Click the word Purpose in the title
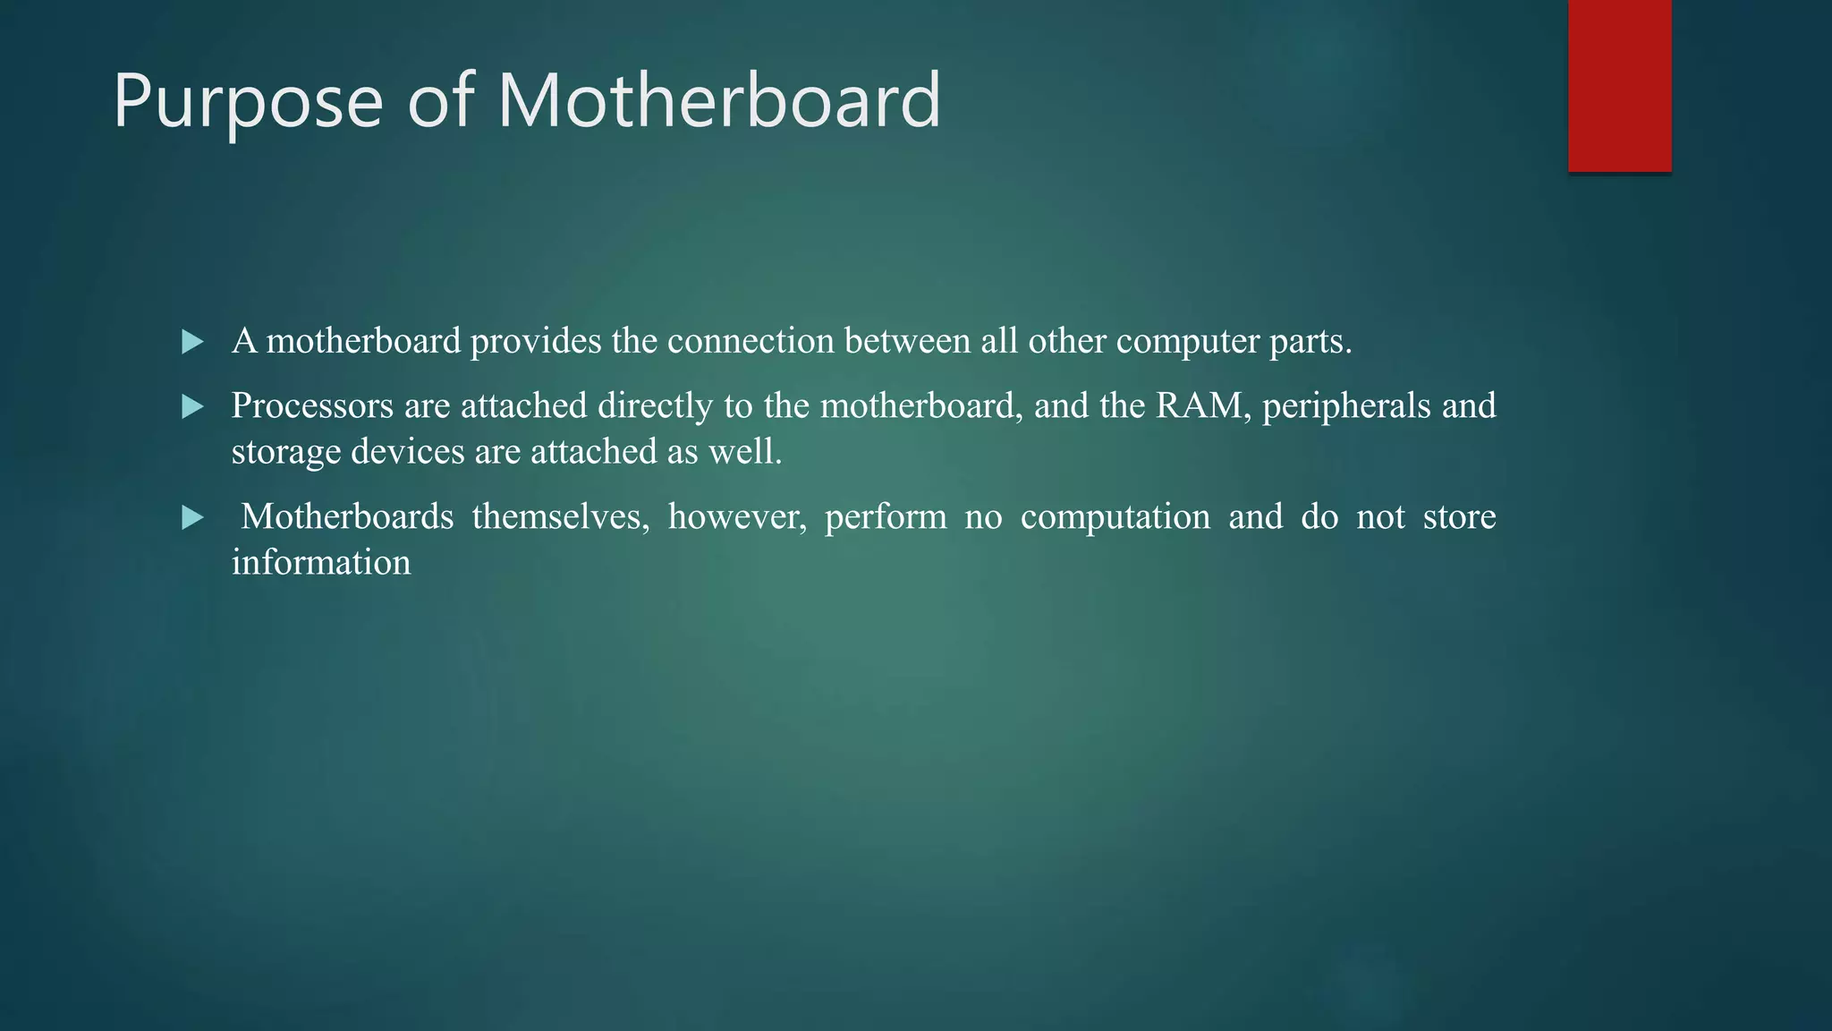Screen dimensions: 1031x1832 (x=248, y=101)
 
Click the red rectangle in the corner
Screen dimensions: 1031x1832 (x=1619, y=85)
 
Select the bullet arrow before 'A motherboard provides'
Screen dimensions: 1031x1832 (x=192, y=342)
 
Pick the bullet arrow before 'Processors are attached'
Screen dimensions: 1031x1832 (x=192, y=407)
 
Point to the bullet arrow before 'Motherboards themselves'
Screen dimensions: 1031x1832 (x=192, y=517)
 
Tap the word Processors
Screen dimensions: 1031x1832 (x=312, y=406)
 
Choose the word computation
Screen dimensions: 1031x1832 (x=1115, y=517)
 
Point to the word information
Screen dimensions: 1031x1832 (x=321, y=563)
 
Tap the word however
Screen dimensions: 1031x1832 (x=736, y=517)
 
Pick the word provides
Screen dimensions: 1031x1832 (x=536, y=342)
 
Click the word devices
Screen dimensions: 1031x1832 (x=408, y=452)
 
